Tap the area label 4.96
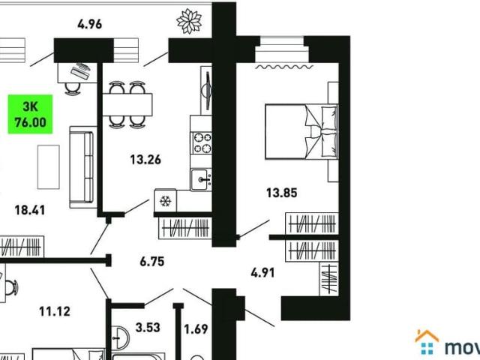(x=89, y=24)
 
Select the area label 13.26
(x=145, y=158)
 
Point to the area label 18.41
(x=30, y=211)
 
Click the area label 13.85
(x=282, y=193)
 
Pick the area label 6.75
(x=151, y=262)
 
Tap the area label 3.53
(x=148, y=327)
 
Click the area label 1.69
(x=196, y=328)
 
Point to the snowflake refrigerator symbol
(x=164, y=201)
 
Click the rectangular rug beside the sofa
(x=47, y=166)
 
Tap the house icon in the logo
(x=427, y=342)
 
